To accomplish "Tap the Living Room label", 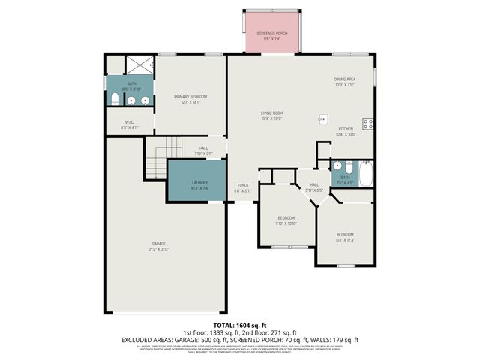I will (x=271, y=113).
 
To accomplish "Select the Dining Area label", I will (x=344, y=79).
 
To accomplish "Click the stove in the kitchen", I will (x=367, y=124).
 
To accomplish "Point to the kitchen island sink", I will (x=323, y=118).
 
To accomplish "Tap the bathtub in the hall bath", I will (x=366, y=174).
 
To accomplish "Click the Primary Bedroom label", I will (x=190, y=97).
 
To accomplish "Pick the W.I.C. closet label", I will (x=129, y=124).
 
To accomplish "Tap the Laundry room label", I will (x=199, y=182).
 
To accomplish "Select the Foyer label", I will (x=243, y=184).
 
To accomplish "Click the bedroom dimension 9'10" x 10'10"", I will (x=286, y=223).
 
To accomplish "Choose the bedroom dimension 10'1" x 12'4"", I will (x=344, y=239).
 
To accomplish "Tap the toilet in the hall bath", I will (x=337, y=166).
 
